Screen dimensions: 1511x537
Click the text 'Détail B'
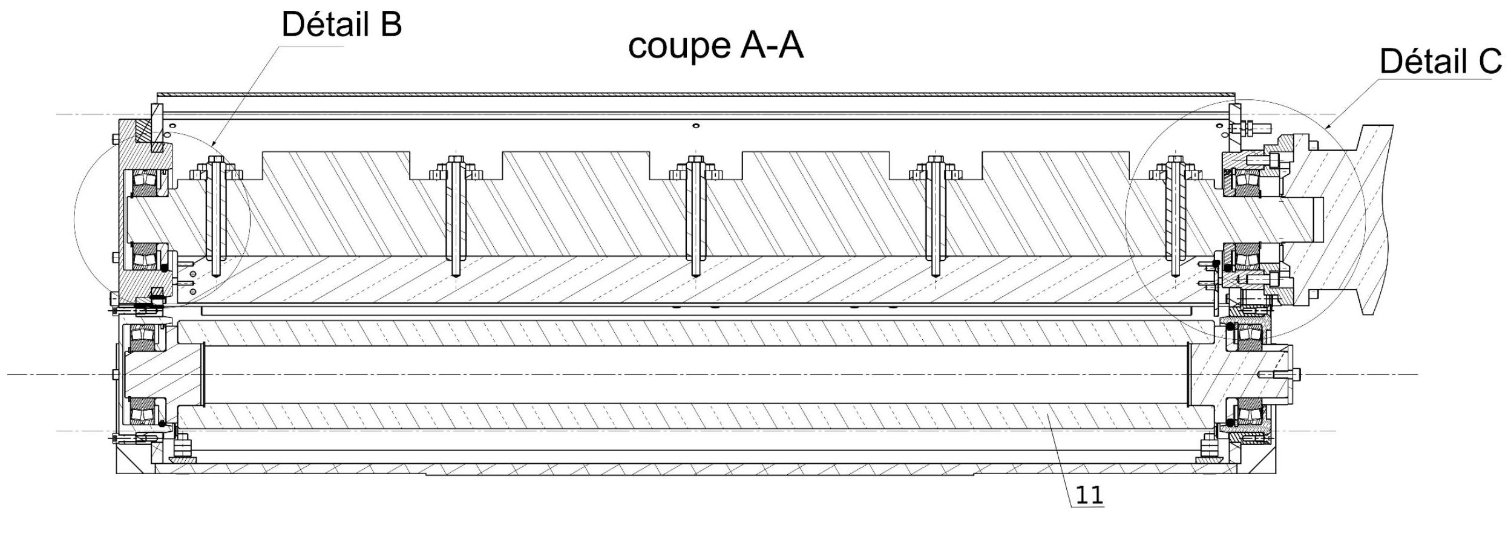click(342, 25)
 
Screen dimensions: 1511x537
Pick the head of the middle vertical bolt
click(696, 159)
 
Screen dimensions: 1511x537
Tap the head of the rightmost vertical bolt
click(1175, 159)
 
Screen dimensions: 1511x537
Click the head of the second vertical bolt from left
click(456, 159)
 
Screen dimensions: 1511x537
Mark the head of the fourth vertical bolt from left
click(936, 159)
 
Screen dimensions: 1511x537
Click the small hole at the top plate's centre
click(696, 126)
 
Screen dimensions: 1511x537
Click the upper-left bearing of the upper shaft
click(146, 183)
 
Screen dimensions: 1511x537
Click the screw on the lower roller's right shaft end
click(1280, 375)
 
